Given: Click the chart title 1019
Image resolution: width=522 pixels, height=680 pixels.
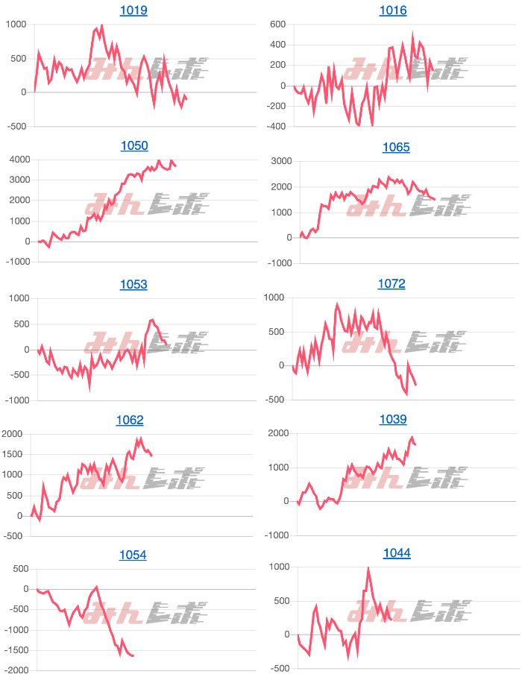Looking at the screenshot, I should coord(133,10).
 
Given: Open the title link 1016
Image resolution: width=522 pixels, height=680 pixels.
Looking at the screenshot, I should coord(393,10).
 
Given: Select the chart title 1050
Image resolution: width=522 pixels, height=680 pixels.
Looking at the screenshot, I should coord(134,146).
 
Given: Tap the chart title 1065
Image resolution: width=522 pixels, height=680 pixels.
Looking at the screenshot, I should coord(396,147).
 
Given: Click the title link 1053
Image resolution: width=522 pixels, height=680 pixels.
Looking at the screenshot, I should coord(133,284).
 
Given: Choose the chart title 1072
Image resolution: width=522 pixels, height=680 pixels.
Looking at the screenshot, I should coord(391,283).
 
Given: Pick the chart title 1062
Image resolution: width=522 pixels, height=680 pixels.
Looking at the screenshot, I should coord(130,421).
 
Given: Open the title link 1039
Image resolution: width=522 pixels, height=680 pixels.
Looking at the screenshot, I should coord(393,420).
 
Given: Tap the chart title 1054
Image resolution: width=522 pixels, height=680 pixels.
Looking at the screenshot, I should coord(133,555).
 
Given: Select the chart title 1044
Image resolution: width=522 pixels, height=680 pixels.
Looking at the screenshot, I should coord(397,553).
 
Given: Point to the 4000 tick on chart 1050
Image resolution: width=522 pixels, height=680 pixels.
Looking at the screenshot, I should coord(16,160).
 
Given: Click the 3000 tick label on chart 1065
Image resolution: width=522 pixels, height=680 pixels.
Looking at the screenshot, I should coord(278,161).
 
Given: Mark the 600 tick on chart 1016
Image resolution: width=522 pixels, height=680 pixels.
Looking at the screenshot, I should coord(278,24).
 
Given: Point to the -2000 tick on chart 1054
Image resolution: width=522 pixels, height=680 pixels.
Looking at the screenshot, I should coord(15,670).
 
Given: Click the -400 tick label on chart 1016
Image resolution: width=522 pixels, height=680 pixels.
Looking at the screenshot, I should coord(277,127).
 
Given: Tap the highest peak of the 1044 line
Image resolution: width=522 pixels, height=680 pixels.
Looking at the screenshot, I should coord(368,568).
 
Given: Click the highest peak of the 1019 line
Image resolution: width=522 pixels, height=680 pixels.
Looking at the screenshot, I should coord(101,25).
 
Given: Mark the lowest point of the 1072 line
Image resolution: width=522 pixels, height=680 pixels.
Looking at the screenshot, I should coord(406,394).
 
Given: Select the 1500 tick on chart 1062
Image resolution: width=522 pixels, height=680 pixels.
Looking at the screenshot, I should coord(16,455).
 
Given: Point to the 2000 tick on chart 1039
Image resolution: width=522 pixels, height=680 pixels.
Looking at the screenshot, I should coord(278,434).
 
